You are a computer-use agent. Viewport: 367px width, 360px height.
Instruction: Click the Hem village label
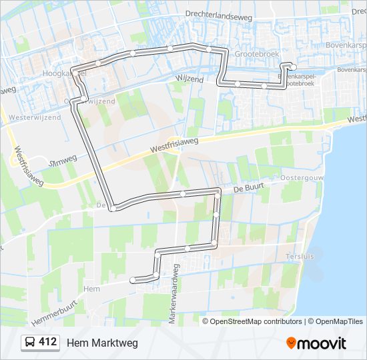91,289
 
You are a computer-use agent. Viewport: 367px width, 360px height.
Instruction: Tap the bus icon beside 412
31,343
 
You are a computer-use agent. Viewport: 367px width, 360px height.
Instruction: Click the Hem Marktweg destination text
102,343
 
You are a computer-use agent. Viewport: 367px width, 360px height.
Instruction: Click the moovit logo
316,343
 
